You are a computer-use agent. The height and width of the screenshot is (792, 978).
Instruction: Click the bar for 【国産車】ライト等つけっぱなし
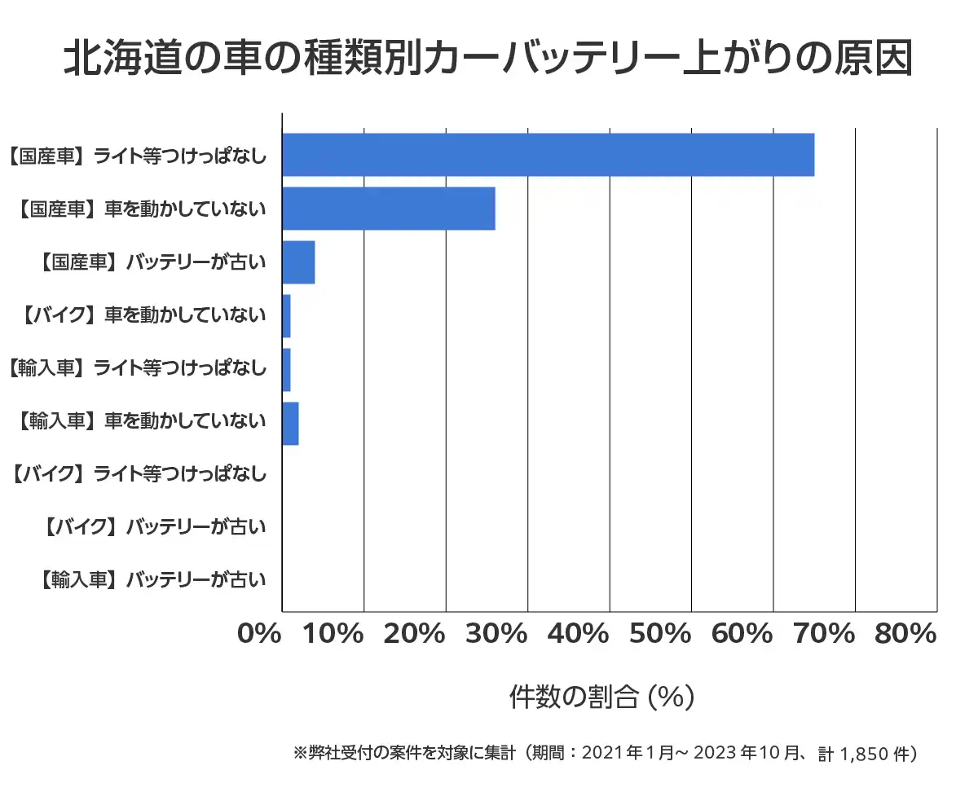[548, 154]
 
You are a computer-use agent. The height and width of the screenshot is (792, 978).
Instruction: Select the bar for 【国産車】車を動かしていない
[388, 209]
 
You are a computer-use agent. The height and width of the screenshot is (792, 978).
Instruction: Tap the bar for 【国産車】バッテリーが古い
[298, 262]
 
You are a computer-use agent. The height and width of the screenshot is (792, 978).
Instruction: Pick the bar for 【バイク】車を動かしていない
[286, 315]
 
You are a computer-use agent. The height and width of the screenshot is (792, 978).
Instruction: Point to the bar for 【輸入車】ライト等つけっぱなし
[286, 369]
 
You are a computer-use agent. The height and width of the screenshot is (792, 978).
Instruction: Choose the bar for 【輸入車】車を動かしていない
[290, 423]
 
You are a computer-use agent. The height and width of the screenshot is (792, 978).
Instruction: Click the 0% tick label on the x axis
[260, 634]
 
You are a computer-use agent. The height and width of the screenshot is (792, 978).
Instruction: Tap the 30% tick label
[496, 634]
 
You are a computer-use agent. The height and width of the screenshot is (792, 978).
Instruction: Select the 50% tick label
[660, 634]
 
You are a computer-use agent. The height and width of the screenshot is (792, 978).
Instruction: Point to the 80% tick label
[905, 634]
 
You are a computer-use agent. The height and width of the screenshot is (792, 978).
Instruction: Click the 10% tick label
[333, 634]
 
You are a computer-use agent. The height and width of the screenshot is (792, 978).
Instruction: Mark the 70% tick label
[823, 634]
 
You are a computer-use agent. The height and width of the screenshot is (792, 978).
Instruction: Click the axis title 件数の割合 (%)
[601, 697]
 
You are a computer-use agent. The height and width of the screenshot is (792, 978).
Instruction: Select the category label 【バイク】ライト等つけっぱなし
[139, 473]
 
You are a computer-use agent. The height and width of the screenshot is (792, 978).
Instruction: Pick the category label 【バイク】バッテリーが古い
[154, 527]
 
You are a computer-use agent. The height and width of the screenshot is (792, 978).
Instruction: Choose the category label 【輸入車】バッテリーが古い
[154, 580]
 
